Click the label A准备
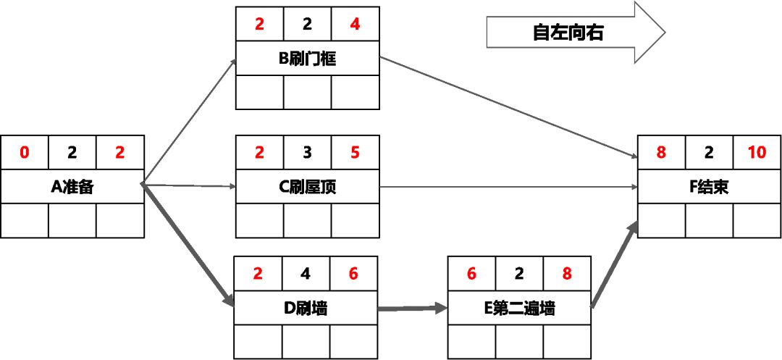click(x=72, y=187)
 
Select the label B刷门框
click(x=307, y=59)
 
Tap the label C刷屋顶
click(x=307, y=187)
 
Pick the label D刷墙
click(x=305, y=309)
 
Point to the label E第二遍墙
click(x=519, y=309)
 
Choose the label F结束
click(x=709, y=187)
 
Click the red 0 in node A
click(x=25, y=152)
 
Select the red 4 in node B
click(x=354, y=25)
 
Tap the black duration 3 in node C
click(x=307, y=152)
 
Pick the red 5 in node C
click(x=354, y=152)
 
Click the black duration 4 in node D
click(x=305, y=274)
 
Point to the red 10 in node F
click(x=757, y=152)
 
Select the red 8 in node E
click(x=566, y=274)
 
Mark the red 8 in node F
click(x=661, y=152)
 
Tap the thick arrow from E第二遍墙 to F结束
click(x=614, y=265)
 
